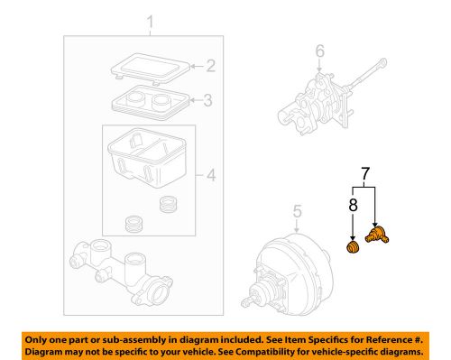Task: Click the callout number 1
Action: point(152,21)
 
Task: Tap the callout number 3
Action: point(208,99)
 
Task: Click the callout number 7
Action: point(364,171)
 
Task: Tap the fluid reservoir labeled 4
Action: point(146,157)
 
